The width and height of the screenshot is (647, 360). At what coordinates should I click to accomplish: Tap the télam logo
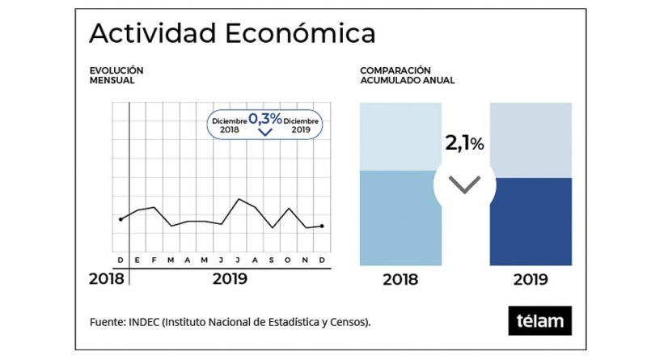point(540,320)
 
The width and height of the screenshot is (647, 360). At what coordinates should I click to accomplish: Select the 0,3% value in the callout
point(265,120)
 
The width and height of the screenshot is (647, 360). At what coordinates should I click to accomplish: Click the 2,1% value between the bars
point(464,144)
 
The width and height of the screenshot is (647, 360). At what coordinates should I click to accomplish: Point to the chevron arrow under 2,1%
point(464,185)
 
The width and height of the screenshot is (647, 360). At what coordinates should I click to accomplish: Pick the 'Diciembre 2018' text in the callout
point(229,125)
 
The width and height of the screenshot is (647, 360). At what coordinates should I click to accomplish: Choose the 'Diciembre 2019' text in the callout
point(302,125)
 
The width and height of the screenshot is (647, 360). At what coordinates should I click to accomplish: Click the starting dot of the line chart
point(121,219)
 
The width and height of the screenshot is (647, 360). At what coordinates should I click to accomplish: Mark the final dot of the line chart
point(323,227)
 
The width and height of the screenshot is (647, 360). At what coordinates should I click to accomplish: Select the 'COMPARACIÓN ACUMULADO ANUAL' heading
point(407,76)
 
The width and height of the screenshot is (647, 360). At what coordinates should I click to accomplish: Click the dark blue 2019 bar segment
point(531,221)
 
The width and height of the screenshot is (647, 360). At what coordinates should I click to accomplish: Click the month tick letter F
point(154,260)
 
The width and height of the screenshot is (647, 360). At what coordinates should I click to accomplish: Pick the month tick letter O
point(289,260)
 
